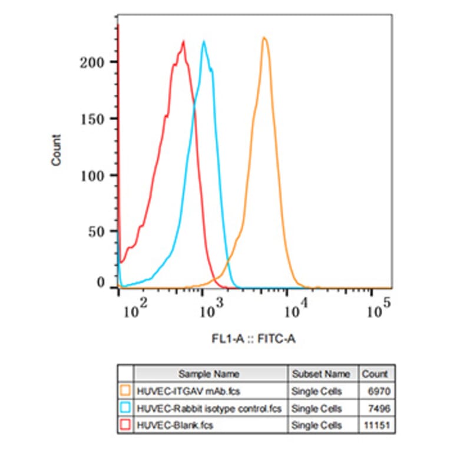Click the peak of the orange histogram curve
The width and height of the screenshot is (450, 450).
tap(264, 38)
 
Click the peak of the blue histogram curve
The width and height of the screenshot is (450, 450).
tap(204, 42)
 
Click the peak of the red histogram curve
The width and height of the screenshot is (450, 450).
tap(184, 42)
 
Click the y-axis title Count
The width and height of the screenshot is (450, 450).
tap(57, 150)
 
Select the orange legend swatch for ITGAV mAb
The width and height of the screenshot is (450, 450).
tap(125, 390)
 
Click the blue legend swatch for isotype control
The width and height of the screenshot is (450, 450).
tap(125, 408)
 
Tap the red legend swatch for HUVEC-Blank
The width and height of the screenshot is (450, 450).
tap(125, 425)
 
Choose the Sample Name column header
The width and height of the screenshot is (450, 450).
tap(209, 373)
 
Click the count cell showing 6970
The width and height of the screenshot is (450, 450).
tap(378, 390)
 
